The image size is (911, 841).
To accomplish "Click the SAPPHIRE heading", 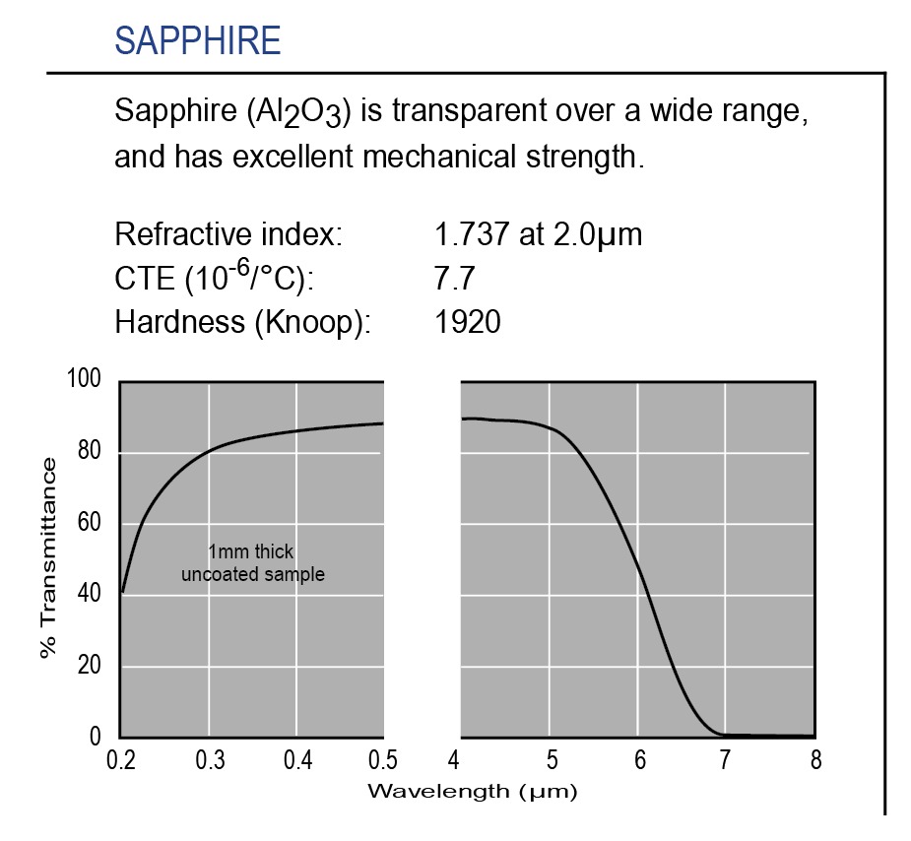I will pyautogui.click(x=198, y=41).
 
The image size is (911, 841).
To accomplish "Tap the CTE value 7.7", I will pyautogui.click(x=455, y=279).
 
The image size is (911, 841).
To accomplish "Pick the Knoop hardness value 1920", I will pyautogui.click(x=467, y=322).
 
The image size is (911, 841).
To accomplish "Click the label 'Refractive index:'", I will pyautogui.click(x=228, y=235).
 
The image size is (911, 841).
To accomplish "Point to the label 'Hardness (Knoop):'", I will pyautogui.click(x=242, y=322).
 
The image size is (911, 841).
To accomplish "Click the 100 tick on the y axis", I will pyautogui.click(x=84, y=380).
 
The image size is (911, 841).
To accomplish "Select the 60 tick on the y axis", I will pyautogui.click(x=90, y=523).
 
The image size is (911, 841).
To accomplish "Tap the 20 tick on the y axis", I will pyautogui.click(x=90, y=666).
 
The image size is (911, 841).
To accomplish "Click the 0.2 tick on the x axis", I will pyautogui.click(x=120, y=760).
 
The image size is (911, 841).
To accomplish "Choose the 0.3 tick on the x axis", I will pyautogui.click(x=209, y=760).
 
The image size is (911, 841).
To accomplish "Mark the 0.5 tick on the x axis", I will pyautogui.click(x=382, y=760).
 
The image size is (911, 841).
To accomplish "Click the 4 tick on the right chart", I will pyautogui.click(x=453, y=760).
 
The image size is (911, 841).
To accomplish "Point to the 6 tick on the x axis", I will pyautogui.click(x=639, y=760).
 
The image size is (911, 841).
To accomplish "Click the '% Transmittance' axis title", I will pyautogui.click(x=49, y=558).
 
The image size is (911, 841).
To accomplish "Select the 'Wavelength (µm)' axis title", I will pyautogui.click(x=471, y=790).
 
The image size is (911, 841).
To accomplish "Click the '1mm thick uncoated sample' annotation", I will pyautogui.click(x=252, y=563).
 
